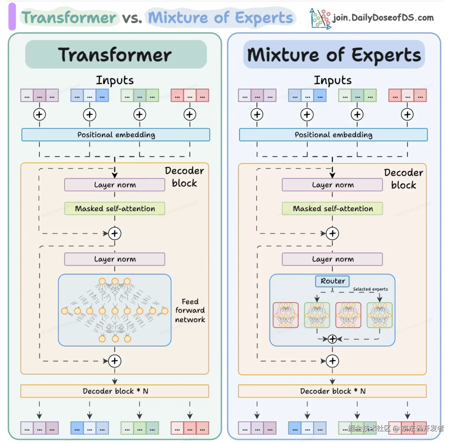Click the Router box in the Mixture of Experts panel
point(332,281)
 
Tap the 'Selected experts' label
point(370,289)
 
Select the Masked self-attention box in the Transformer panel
point(115,208)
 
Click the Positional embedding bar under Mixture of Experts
point(333,135)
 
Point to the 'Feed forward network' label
point(190,311)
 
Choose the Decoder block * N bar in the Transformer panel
point(115,391)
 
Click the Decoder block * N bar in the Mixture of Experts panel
point(332,391)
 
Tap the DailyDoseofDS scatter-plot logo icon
point(320,18)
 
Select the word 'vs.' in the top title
point(132,18)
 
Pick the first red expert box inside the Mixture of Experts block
point(286,315)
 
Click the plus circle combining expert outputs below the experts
point(332,339)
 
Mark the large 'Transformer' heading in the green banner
point(115,55)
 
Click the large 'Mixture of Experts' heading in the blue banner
point(334,55)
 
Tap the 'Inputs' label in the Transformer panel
point(115,80)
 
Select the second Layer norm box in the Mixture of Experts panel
point(332,259)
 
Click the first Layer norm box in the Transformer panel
point(115,185)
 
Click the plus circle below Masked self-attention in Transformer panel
point(115,233)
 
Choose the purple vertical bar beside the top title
point(12,17)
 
